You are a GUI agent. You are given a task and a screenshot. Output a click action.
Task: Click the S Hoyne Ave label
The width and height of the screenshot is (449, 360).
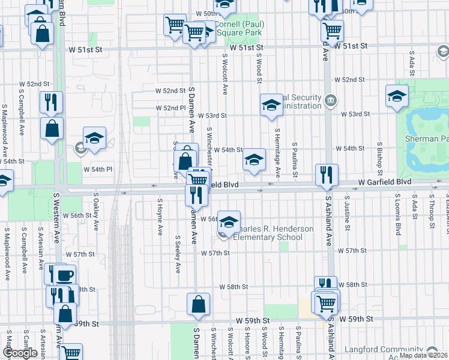tap(160, 217)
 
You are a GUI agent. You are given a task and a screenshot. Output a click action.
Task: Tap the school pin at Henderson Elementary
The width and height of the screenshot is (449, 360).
tap(228, 221)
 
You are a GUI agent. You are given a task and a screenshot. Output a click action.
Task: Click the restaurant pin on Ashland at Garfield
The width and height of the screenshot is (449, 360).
tap(327, 175)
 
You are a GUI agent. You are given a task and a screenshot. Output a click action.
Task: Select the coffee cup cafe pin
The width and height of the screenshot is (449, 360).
tap(64, 275)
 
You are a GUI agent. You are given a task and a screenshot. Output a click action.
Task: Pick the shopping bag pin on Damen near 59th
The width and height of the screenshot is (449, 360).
tap(198, 304)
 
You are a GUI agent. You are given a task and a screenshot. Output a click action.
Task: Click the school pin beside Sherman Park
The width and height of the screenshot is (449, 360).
tap(397, 96)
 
